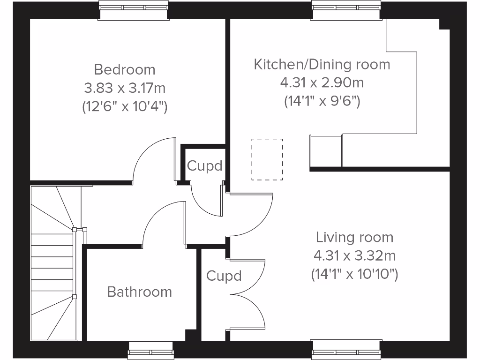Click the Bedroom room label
pos(125,70)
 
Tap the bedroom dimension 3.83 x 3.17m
pos(125,88)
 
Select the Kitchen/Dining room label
pos(322,64)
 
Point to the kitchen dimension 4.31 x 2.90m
pos(322,83)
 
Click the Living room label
pos(354,237)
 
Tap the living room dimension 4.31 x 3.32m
pos(354,256)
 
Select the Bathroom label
pos(139,292)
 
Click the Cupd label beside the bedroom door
pos(204,166)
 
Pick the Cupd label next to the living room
pos(224,276)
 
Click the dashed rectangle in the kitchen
pos(267,159)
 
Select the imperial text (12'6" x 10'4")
pos(125,106)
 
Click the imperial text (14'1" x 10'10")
pos(354,274)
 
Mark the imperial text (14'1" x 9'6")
pos(322,101)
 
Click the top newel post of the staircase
pos(75,230)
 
